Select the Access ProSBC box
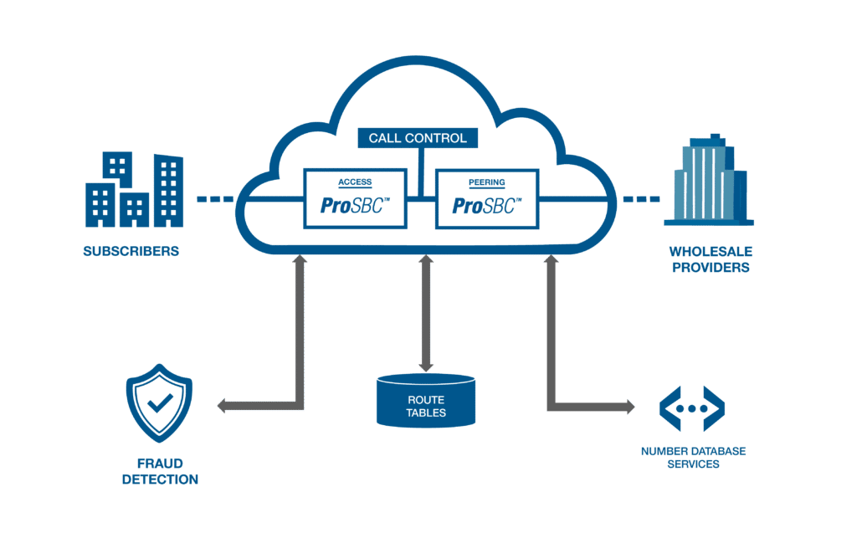click(355, 198)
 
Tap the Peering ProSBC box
click(485, 198)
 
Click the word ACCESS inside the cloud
click(355, 182)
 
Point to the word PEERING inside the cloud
click(486, 182)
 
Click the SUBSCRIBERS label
click(131, 251)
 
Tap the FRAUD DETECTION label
click(160, 471)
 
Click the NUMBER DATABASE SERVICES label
click(693, 458)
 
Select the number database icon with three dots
click(691, 407)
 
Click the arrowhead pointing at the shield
click(222, 407)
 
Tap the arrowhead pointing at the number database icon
click(629, 407)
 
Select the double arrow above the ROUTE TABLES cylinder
click(426, 313)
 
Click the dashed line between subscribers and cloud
click(214, 200)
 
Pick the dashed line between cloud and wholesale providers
click(640, 200)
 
